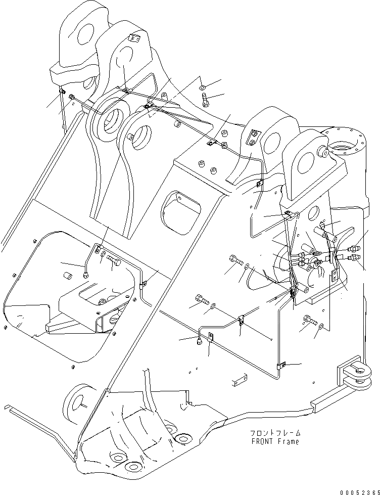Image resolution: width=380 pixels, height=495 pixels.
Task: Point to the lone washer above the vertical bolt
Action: coord(203,87)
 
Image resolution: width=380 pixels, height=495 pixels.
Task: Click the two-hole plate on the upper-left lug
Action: coord(134,39)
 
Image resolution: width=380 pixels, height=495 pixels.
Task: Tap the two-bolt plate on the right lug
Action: coord(253,137)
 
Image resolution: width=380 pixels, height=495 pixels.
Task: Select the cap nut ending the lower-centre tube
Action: coord(199,342)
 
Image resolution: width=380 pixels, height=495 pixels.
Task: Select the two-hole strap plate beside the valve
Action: coord(336,276)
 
